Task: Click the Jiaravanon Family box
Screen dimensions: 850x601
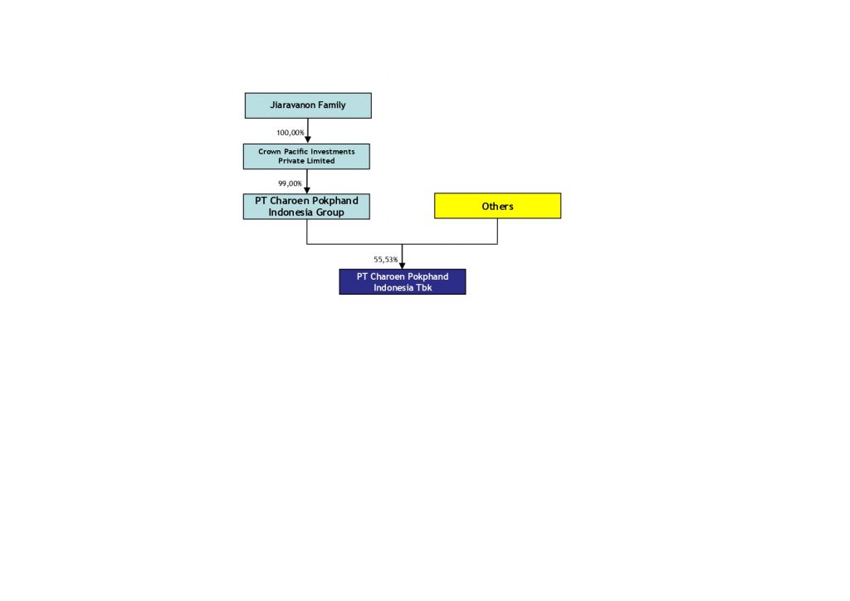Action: click(x=308, y=105)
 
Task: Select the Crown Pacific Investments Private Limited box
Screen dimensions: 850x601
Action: click(x=306, y=156)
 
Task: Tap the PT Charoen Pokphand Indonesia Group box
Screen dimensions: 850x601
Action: click(x=306, y=207)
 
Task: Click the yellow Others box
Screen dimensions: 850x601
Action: click(x=498, y=206)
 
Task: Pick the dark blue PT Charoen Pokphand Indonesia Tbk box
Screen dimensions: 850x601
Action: click(x=403, y=281)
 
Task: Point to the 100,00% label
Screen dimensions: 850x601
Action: click(x=290, y=133)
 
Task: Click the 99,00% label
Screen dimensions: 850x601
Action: click(x=290, y=183)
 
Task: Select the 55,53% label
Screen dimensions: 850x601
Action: click(x=385, y=260)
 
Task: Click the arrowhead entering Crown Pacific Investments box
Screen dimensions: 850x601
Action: click(x=308, y=139)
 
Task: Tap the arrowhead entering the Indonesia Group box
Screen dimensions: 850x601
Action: click(x=307, y=190)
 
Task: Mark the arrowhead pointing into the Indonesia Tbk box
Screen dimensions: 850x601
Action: click(x=403, y=266)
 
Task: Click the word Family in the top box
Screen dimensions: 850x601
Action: click(x=332, y=105)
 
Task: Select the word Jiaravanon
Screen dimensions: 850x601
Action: click(x=293, y=105)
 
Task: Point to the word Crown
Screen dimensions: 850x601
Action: click(x=270, y=152)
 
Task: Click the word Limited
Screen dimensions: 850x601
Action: click(x=321, y=161)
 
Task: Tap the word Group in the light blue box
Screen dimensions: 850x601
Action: click(x=330, y=213)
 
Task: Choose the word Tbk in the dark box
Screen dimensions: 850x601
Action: click(x=424, y=288)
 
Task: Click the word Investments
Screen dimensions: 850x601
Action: click(x=332, y=152)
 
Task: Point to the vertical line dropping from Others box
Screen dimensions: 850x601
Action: click(x=498, y=232)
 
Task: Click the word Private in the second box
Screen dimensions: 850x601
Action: click(x=291, y=161)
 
